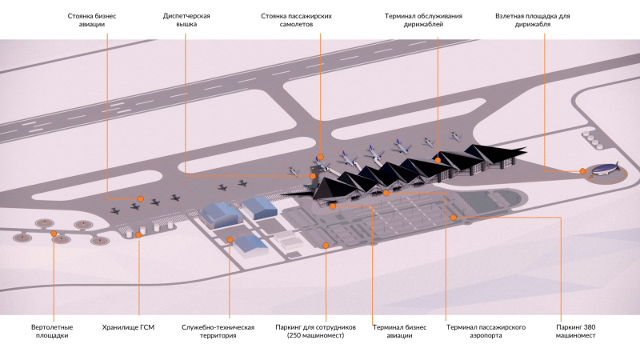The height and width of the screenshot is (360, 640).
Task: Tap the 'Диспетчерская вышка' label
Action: click(x=187, y=19)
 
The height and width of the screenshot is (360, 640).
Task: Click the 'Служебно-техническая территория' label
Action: click(x=218, y=331)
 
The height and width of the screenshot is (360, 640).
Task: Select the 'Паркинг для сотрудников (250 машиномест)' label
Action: click(x=314, y=331)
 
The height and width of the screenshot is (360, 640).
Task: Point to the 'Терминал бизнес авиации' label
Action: click(x=393, y=331)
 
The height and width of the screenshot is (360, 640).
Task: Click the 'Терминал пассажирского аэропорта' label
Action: click(x=486, y=331)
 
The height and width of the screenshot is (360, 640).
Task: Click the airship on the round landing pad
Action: click(x=602, y=168)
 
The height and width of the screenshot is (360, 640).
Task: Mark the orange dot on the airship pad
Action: click(x=582, y=170)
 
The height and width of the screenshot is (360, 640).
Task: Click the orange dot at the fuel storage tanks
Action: click(x=138, y=235)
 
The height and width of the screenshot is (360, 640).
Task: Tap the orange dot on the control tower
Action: click(x=313, y=175)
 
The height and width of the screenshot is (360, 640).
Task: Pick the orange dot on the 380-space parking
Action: click(x=453, y=217)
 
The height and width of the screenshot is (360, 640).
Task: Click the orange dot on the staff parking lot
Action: click(x=326, y=245)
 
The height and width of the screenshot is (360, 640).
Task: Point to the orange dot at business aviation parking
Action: click(x=140, y=199)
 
